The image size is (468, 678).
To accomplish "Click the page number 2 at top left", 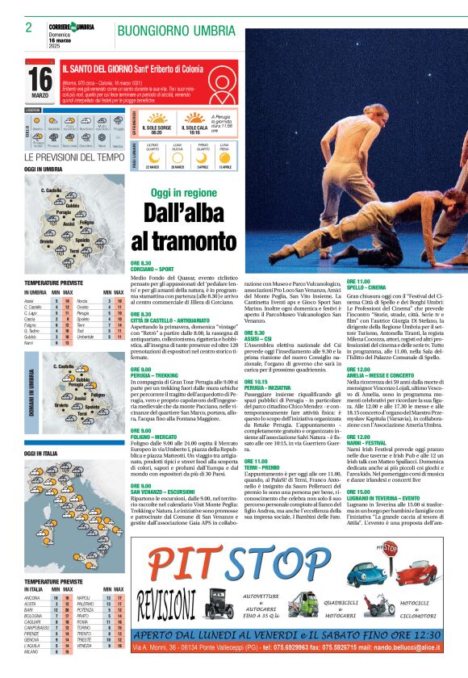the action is click(x=28, y=27).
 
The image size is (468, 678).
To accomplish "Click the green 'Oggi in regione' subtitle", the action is click(x=184, y=193).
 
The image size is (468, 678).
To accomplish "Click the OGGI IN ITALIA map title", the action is click(x=43, y=454).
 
